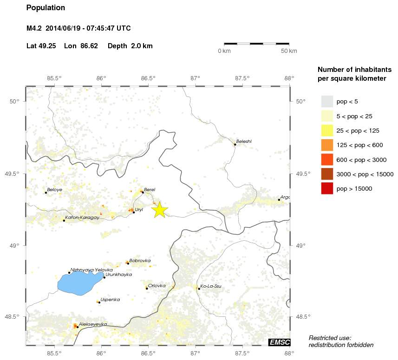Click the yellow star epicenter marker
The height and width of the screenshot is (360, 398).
coord(159,210)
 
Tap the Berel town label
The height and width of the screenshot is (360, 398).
coord(150,189)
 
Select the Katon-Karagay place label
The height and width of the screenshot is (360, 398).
coord(82,218)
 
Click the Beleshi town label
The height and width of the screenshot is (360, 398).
coord(244,141)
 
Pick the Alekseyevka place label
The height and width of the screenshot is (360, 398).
coord(93,324)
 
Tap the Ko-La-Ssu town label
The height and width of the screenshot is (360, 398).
coord(211,286)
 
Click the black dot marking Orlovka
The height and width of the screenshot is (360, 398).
coord(147,289)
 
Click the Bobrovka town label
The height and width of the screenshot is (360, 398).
coord(140,261)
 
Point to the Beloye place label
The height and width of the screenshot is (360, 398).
coord(54,190)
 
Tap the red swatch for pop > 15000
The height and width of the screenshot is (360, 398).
coord(327,188)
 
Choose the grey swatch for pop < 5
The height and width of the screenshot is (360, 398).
coord(327,101)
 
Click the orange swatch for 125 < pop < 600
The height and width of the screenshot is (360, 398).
coord(327,145)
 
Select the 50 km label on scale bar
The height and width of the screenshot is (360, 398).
coord(289,51)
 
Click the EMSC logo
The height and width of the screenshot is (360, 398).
coord(279,342)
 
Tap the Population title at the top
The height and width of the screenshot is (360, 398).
coord(46,8)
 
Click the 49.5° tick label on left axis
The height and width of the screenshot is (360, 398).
coord(16,174)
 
